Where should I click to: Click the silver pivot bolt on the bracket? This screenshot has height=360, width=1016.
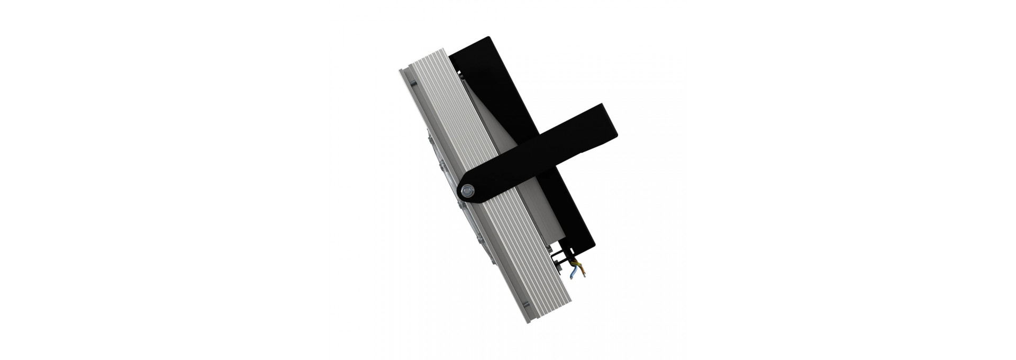(468, 190)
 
